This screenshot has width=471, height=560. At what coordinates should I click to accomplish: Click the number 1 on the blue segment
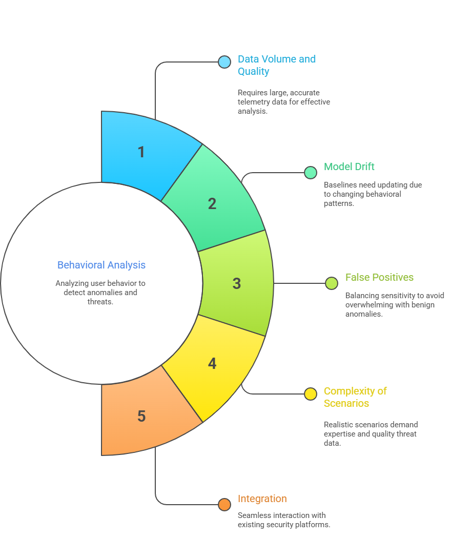pyautogui.click(x=141, y=152)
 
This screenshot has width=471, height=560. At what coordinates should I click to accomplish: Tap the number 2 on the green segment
pyautogui.click(x=212, y=203)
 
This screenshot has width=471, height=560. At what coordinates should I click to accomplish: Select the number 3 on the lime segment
pyautogui.click(x=236, y=283)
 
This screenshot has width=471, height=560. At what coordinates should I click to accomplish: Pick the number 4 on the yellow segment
pyautogui.click(x=212, y=363)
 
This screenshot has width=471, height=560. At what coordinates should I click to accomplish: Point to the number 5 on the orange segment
pyautogui.click(x=141, y=416)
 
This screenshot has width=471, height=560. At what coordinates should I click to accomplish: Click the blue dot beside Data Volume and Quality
pyautogui.click(x=224, y=62)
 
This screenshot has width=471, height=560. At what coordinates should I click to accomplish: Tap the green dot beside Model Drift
pyautogui.click(x=311, y=173)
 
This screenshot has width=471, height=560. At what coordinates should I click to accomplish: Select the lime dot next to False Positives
pyautogui.click(x=332, y=283)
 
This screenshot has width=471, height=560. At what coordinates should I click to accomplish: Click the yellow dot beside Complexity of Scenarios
pyautogui.click(x=311, y=394)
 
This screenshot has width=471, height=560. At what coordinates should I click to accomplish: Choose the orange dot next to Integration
pyautogui.click(x=224, y=505)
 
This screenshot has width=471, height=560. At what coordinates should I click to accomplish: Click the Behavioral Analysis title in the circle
pyautogui.click(x=101, y=265)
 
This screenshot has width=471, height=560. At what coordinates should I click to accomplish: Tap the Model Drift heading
pyautogui.click(x=349, y=167)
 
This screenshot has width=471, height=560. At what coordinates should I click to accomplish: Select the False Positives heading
pyautogui.click(x=379, y=277)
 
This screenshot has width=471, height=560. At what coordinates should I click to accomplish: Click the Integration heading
pyautogui.click(x=262, y=499)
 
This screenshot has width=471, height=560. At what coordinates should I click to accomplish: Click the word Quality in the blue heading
pyautogui.click(x=253, y=71)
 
